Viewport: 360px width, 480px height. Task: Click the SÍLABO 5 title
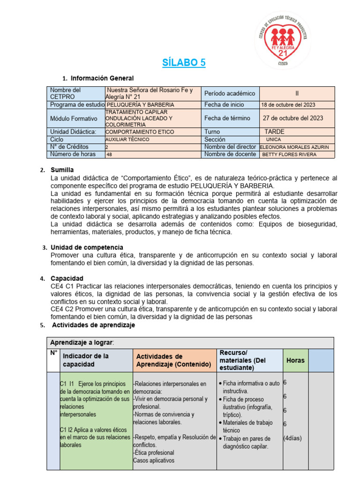[x=184, y=62]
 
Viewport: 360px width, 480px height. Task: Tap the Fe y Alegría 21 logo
[x=283, y=40]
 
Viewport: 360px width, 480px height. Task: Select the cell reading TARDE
[x=274, y=132]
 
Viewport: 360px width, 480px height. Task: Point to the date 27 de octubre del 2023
[x=292, y=118]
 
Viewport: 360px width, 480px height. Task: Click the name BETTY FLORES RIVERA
[x=289, y=154]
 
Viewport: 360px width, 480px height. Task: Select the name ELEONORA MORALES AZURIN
[x=294, y=147]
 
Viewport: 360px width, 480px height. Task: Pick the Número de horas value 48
[x=109, y=154]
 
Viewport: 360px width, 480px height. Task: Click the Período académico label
[x=230, y=93]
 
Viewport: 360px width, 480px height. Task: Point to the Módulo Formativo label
[x=74, y=119]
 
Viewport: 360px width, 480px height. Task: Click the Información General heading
[x=102, y=78]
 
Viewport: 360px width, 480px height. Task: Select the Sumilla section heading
[x=62, y=170]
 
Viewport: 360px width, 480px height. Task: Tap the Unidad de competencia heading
[x=87, y=247]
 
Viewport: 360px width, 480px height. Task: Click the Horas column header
[x=295, y=360]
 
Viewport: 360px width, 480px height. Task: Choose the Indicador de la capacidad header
[x=86, y=360]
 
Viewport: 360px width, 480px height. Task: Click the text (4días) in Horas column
[x=292, y=438]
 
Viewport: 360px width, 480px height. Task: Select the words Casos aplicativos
[x=153, y=460]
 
